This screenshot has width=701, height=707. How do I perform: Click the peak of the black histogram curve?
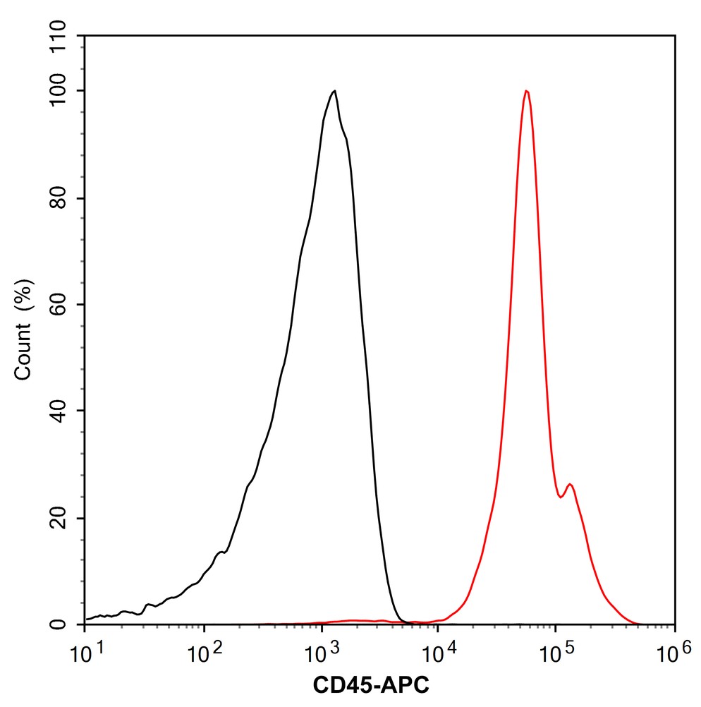coord(334,91)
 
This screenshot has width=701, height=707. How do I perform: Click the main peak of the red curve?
coord(526,91)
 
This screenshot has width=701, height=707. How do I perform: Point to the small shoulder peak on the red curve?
coord(570,484)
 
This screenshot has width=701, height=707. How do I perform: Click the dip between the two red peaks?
coord(561,497)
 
